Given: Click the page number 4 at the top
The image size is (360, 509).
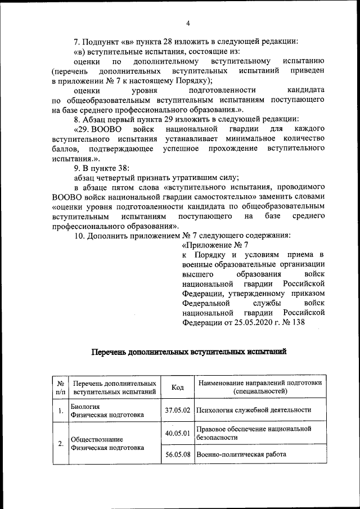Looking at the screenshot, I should (188, 23).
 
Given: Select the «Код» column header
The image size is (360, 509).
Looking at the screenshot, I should (177, 388).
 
